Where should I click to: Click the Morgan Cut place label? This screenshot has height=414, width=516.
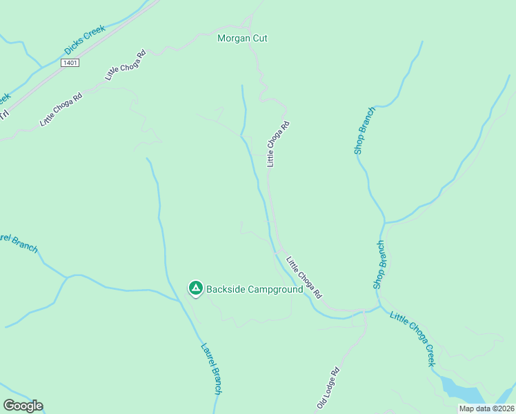pos(242,38)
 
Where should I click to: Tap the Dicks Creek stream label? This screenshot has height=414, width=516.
pos(84,41)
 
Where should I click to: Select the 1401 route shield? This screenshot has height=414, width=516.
pos(70,63)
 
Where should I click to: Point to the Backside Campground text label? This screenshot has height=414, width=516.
pos(255,290)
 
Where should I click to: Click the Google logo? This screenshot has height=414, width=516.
pos(23,406)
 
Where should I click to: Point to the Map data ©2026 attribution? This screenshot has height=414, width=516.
pos(486,408)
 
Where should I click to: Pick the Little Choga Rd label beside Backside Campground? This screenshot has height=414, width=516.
pos(304,277)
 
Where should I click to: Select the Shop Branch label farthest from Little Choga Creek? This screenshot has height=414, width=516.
pos(365,130)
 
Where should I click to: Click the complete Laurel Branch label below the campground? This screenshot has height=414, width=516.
pos(211,369)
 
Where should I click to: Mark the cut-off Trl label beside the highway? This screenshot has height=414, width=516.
pos(4,113)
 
